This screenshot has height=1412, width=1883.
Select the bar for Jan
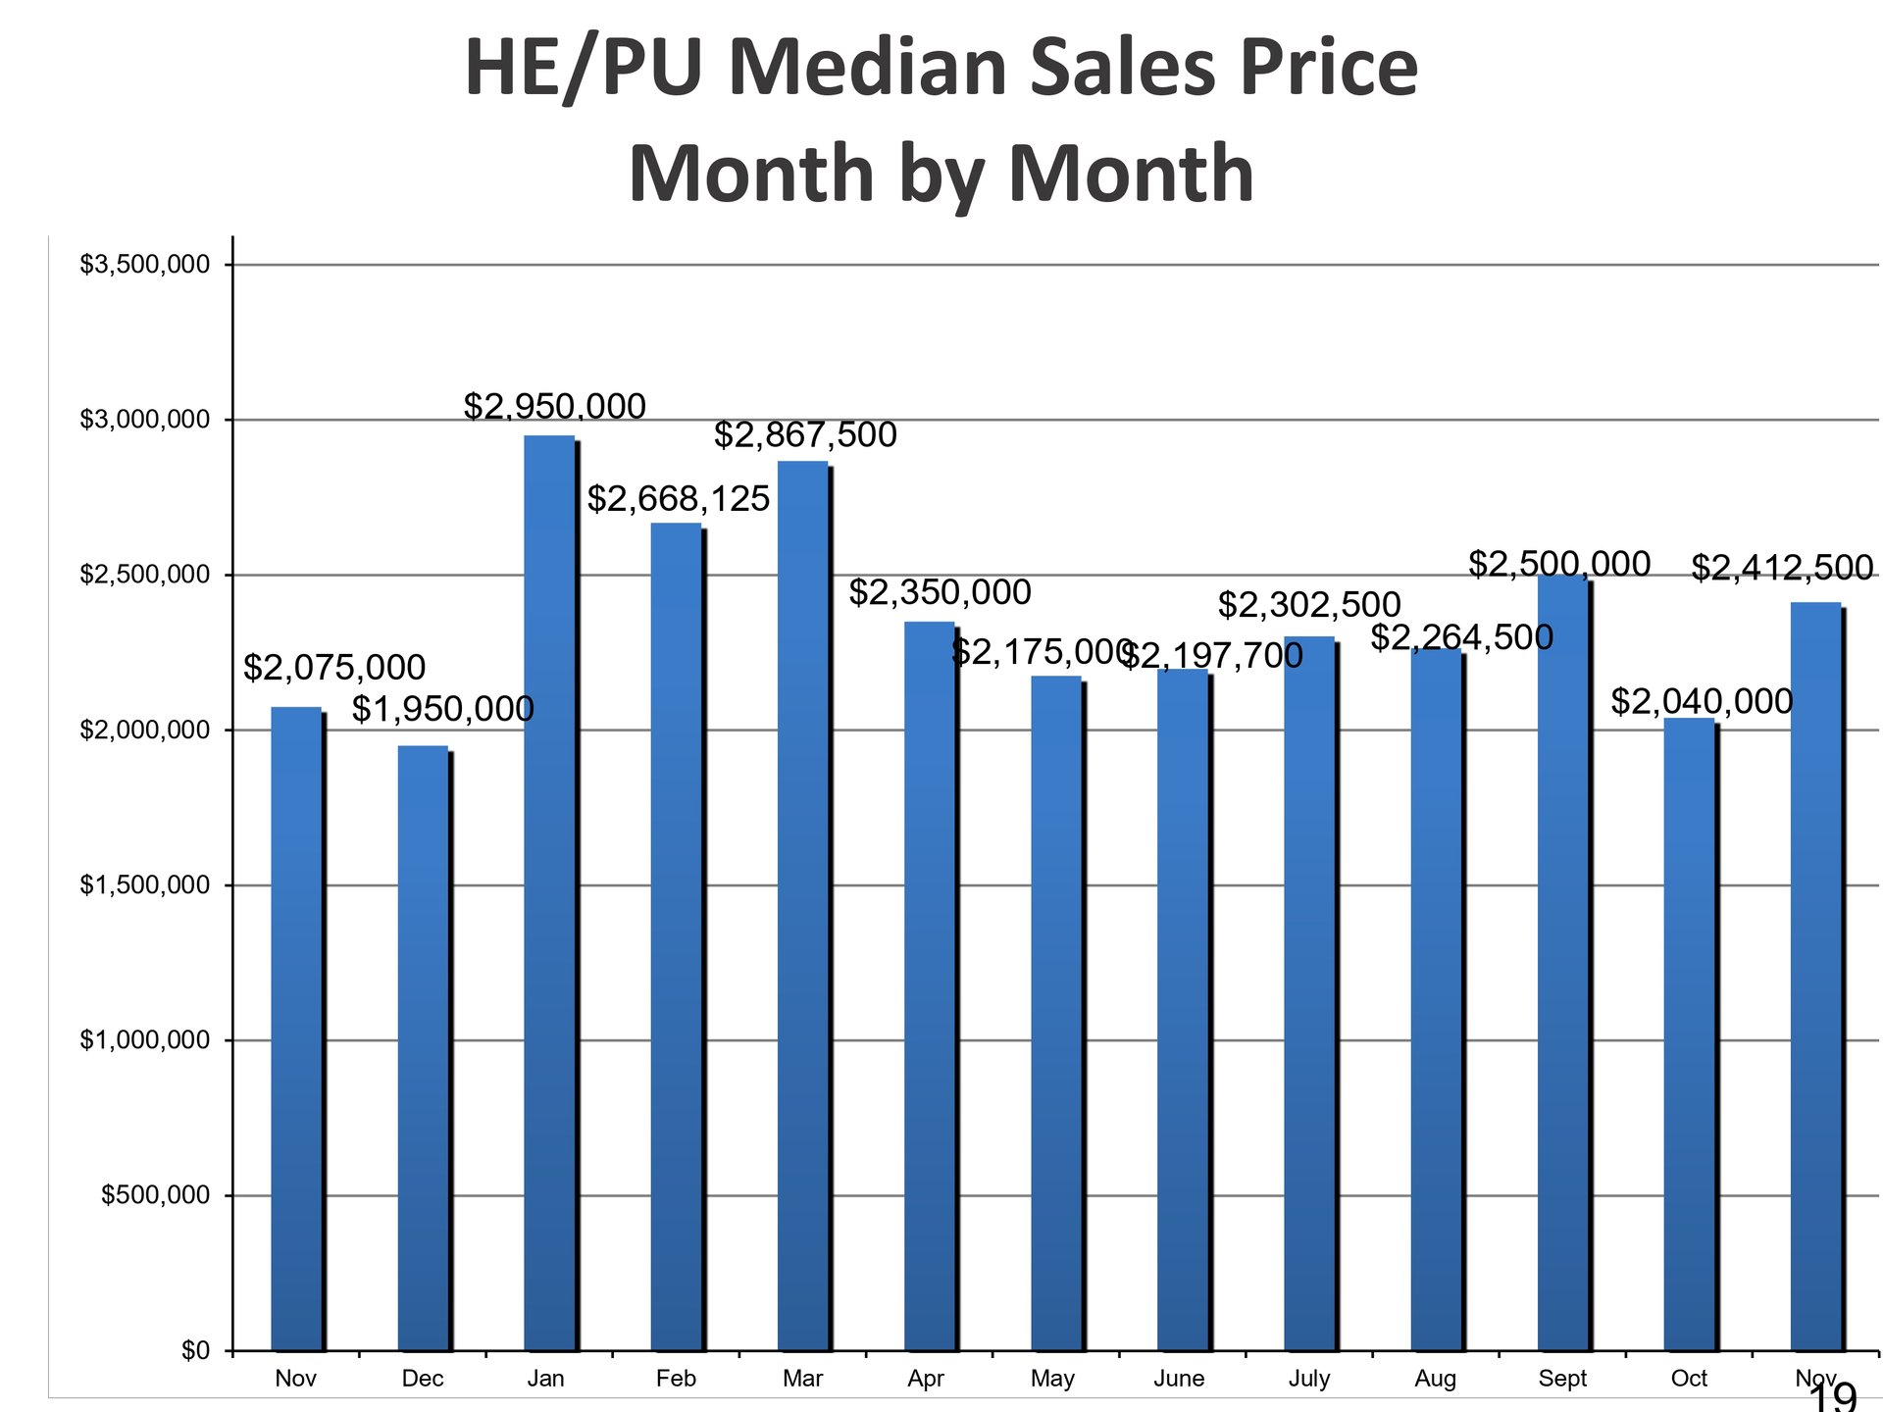[x=549, y=892]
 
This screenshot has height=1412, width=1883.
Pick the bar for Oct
[x=1689, y=1034]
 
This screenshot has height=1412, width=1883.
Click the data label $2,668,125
[x=678, y=499]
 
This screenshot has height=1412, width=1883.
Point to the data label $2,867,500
[x=804, y=434]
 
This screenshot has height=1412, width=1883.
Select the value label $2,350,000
[x=939, y=592]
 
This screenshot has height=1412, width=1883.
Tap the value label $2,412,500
[x=1782, y=568]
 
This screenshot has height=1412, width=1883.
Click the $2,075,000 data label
[x=333, y=668]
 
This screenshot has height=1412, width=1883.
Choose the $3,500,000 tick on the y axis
[x=145, y=265]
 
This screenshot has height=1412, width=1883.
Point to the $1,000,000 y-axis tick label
[x=145, y=1040]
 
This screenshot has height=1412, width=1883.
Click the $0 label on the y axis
[x=195, y=1350]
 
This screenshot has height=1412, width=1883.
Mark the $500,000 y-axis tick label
[x=155, y=1195]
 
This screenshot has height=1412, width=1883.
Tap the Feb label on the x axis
[x=676, y=1379]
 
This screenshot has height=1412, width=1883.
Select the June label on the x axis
[x=1179, y=1379]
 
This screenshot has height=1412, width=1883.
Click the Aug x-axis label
[x=1435, y=1379]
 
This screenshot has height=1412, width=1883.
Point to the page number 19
[x=1832, y=1397]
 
